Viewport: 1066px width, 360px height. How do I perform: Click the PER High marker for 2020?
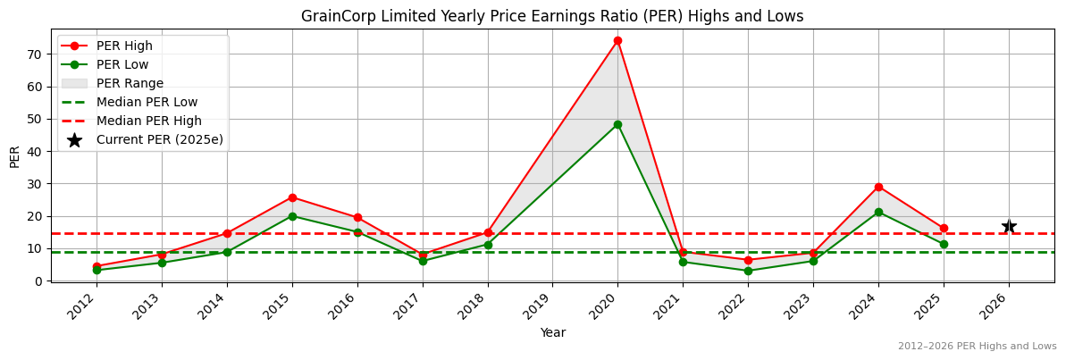pyautogui.click(x=617, y=40)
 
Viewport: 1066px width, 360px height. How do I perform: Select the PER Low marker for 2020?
pyautogui.click(x=617, y=124)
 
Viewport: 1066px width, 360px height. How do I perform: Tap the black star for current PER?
pyautogui.click(x=1009, y=226)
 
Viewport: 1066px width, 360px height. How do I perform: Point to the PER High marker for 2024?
pyautogui.click(x=878, y=187)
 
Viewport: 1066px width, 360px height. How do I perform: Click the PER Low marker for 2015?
pyautogui.click(x=292, y=216)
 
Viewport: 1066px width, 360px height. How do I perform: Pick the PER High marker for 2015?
pyautogui.click(x=292, y=197)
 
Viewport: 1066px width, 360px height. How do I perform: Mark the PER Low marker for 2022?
pyautogui.click(x=748, y=271)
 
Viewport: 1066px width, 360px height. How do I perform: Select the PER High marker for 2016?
pyautogui.click(x=357, y=217)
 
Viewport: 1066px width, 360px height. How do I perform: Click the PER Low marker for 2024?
pyautogui.click(x=878, y=212)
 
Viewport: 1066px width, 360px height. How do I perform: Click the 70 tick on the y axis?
pyautogui.click(x=37, y=54)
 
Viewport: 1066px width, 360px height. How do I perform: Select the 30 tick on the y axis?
pyautogui.click(x=37, y=184)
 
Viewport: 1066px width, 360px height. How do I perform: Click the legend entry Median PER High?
pyautogui.click(x=148, y=121)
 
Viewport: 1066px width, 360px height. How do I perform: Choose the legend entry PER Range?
pyautogui.click(x=130, y=83)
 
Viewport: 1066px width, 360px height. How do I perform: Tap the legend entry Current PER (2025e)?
pyautogui.click(x=159, y=139)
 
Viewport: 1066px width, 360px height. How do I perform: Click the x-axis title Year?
pyautogui.click(x=552, y=333)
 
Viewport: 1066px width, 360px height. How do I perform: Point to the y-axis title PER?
pyautogui.click(x=14, y=155)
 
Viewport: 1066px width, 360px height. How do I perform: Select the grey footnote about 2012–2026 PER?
pyautogui.click(x=977, y=347)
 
